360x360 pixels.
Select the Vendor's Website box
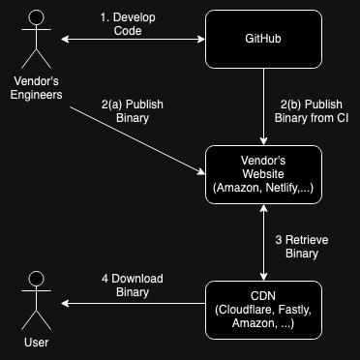pyautogui.click(x=262, y=174)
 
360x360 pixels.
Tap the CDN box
pyautogui.click(x=262, y=309)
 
